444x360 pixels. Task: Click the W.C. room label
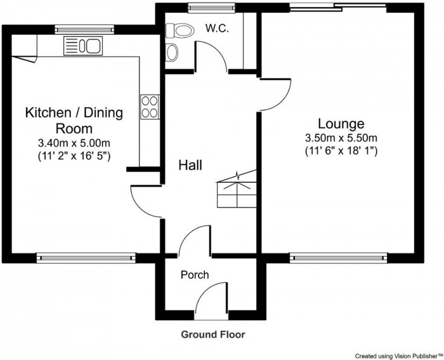click(217, 29)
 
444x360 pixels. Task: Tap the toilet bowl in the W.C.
click(180, 30)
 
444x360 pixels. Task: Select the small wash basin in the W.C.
click(172, 53)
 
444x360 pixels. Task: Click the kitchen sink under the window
click(83, 46)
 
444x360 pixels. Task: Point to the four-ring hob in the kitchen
click(150, 107)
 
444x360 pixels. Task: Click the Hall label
click(190, 165)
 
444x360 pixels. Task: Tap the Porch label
click(195, 275)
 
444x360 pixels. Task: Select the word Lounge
click(341, 124)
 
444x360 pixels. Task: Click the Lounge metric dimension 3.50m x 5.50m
click(341, 138)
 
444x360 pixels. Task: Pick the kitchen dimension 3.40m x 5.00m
click(74, 143)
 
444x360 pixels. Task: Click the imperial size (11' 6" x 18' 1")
click(341, 151)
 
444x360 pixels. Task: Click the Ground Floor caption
click(213, 335)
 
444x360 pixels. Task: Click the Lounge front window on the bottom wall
click(338, 258)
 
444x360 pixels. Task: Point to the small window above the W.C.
click(212, 8)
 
